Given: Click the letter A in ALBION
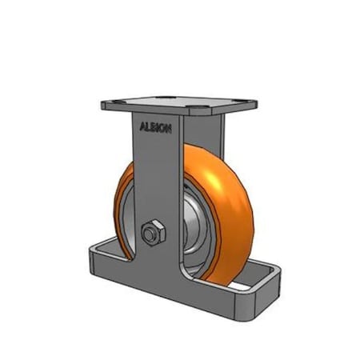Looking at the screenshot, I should (x=142, y=126).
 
